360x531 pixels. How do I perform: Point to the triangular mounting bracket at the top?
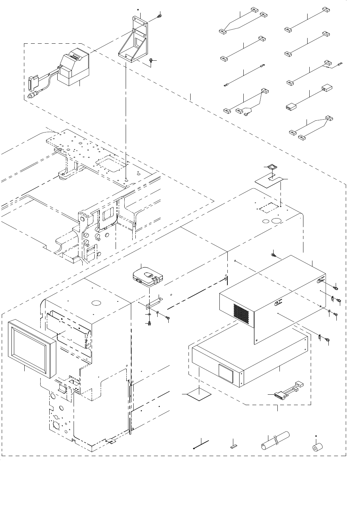pyautogui.click(x=134, y=40)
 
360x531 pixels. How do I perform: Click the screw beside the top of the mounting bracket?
pyautogui.click(x=160, y=16)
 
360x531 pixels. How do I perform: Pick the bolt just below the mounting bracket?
pyautogui.click(x=150, y=61)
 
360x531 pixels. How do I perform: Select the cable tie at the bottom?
pyautogui.click(x=201, y=445)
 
